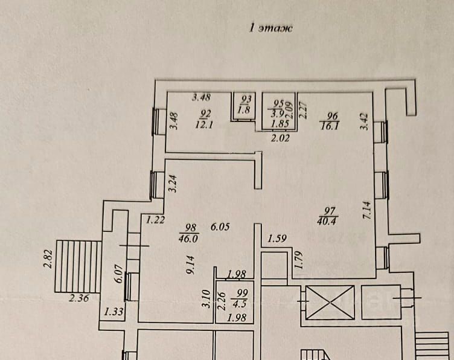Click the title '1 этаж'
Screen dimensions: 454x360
[270, 27]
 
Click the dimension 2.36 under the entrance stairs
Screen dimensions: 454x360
[79, 297]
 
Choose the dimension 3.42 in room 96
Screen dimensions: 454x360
[363, 123]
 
